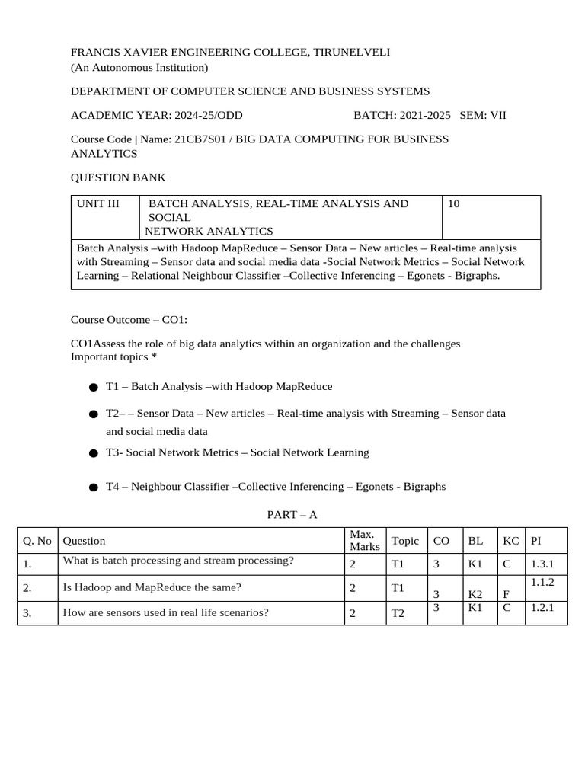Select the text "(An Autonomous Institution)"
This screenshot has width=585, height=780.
point(139,68)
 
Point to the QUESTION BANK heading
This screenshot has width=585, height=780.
point(118,178)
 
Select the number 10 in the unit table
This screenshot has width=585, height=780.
point(455,204)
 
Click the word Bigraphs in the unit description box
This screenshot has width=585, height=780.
point(477,276)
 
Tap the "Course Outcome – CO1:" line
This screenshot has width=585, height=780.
point(129,320)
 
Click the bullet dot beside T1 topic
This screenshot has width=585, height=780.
point(93,388)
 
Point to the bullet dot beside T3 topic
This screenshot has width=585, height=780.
point(93,453)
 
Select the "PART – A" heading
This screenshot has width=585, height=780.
point(292,516)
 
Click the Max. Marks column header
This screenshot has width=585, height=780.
point(364,541)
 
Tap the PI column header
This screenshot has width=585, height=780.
point(536,541)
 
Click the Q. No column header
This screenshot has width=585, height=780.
point(37,541)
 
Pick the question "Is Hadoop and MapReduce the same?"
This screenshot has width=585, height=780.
point(152,588)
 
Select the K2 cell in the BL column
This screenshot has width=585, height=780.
point(475,594)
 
